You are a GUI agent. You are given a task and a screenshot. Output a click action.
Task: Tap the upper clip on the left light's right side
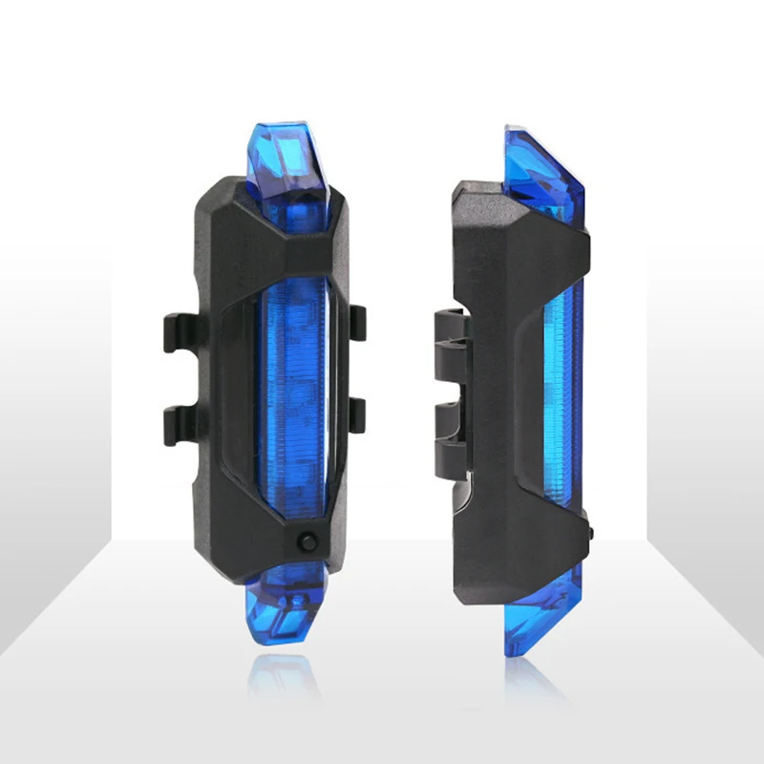(356, 320)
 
